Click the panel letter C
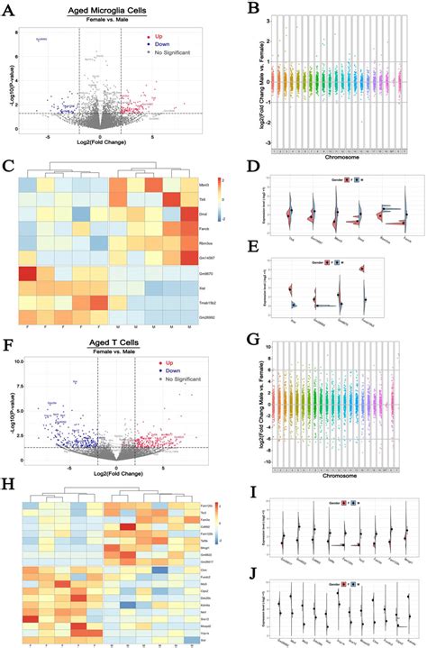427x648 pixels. click(x=7, y=166)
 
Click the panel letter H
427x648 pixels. click(x=7, y=488)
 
